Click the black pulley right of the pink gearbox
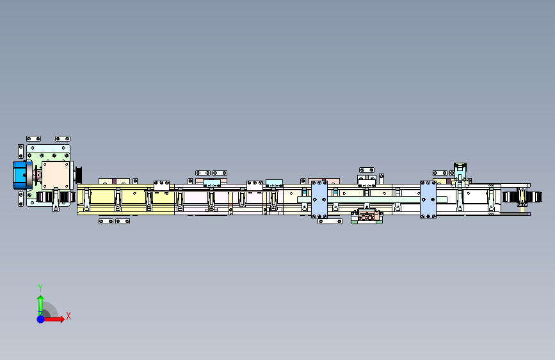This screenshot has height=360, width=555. (79, 174)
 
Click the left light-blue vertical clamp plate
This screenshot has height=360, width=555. (319, 200)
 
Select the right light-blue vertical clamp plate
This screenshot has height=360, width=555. (428, 200)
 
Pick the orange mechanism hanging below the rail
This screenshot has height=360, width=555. (367, 216)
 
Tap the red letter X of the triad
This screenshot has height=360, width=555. (68, 316)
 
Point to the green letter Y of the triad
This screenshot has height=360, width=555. (40, 288)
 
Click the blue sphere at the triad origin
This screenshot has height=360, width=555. (41, 318)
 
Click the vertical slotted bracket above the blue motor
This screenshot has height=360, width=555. (20, 152)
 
